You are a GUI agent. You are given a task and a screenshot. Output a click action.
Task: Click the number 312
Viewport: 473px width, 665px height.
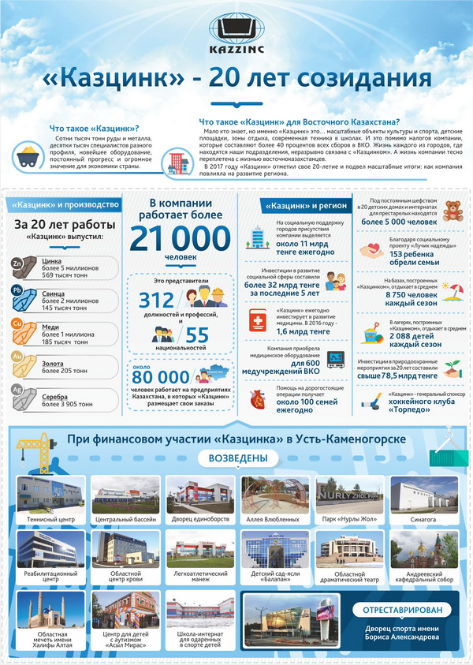pyautogui.click(x=156, y=299)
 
